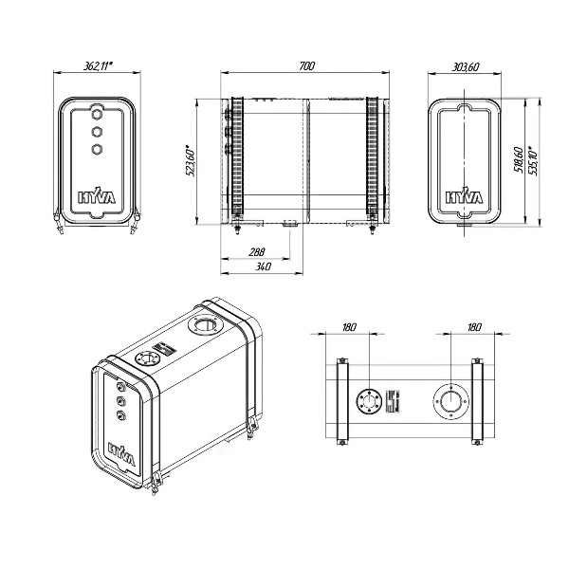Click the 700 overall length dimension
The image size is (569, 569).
click(305, 65)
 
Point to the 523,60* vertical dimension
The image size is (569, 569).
click(190, 160)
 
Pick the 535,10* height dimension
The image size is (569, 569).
click(536, 160)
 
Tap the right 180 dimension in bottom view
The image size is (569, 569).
click(474, 327)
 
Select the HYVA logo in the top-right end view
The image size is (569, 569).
click(465, 198)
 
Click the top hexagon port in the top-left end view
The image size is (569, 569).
click(98, 111)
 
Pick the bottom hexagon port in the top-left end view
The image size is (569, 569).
click(98, 148)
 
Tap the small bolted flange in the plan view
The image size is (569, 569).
click(365, 402)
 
